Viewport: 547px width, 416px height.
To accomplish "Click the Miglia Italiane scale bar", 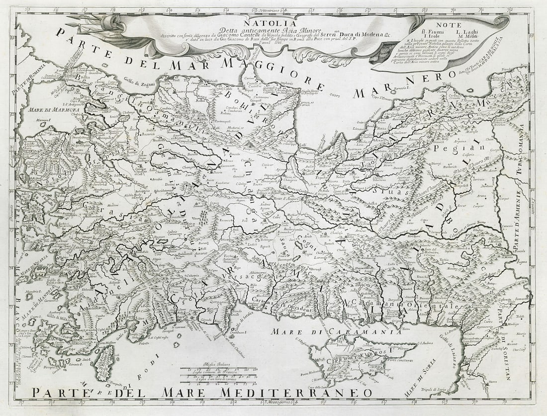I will coord(219,370).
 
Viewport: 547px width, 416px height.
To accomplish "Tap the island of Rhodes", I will coord(105,362).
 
